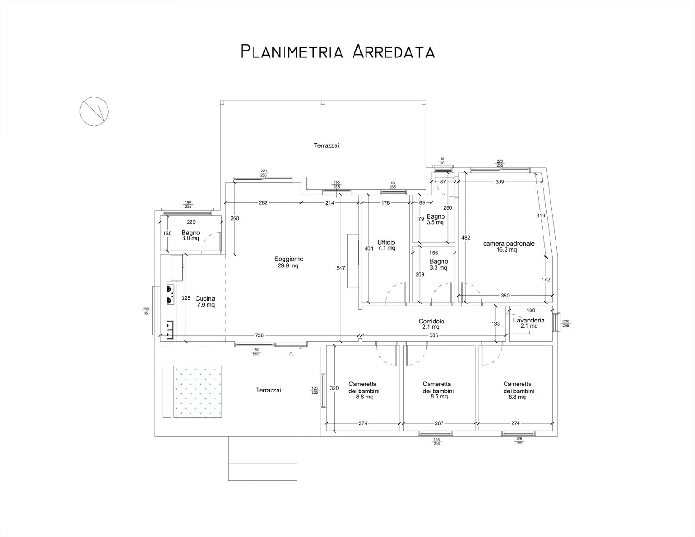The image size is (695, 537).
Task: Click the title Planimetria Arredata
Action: coord(337,52)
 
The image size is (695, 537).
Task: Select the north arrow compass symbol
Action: coord(94,111)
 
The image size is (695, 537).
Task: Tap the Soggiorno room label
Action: coord(289,259)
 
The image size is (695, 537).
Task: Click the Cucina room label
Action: coord(205,299)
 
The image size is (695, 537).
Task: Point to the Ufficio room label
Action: coord(386,242)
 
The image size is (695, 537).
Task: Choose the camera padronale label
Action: coord(509,244)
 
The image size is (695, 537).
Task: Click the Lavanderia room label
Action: coord(529,320)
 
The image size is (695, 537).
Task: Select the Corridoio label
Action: coord(431,322)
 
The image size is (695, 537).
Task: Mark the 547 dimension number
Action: coord(341,268)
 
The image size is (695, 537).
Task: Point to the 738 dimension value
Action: coord(259,335)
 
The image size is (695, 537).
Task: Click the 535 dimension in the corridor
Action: coord(434,335)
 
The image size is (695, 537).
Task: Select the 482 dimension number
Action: coord(466,238)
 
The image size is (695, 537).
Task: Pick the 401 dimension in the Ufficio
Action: coord(369,248)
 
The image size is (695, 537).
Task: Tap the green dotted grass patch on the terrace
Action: coord(198,392)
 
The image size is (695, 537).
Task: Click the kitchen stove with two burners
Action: coord(170,295)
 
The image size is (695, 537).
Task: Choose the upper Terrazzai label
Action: coord(326,145)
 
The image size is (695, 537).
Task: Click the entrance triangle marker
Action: coord(291,354)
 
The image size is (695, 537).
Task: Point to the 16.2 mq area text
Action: coord(506,250)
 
